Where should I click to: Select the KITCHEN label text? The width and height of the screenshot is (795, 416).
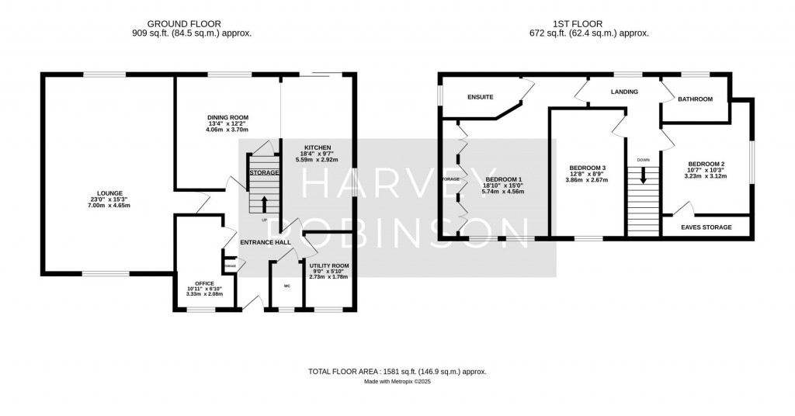pyautogui.click(x=318, y=147)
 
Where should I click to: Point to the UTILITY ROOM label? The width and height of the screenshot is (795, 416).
pyautogui.click(x=329, y=265)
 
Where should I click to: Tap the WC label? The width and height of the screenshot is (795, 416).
pyautogui.click(x=286, y=286)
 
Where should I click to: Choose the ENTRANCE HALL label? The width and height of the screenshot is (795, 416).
pyautogui.click(x=265, y=242)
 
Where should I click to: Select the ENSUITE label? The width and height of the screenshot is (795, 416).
pyautogui.click(x=481, y=98)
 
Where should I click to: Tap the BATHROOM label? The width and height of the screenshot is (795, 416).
pyautogui.click(x=695, y=99)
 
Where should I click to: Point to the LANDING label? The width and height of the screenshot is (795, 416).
pyautogui.click(x=624, y=92)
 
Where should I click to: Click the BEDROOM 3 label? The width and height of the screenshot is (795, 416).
pyautogui.click(x=587, y=168)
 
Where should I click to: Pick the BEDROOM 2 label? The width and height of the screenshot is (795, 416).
pyautogui.click(x=706, y=164)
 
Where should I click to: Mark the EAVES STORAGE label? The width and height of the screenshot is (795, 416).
pyautogui.click(x=706, y=227)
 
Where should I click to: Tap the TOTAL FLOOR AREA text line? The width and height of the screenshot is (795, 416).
pyautogui.click(x=397, y=372)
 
